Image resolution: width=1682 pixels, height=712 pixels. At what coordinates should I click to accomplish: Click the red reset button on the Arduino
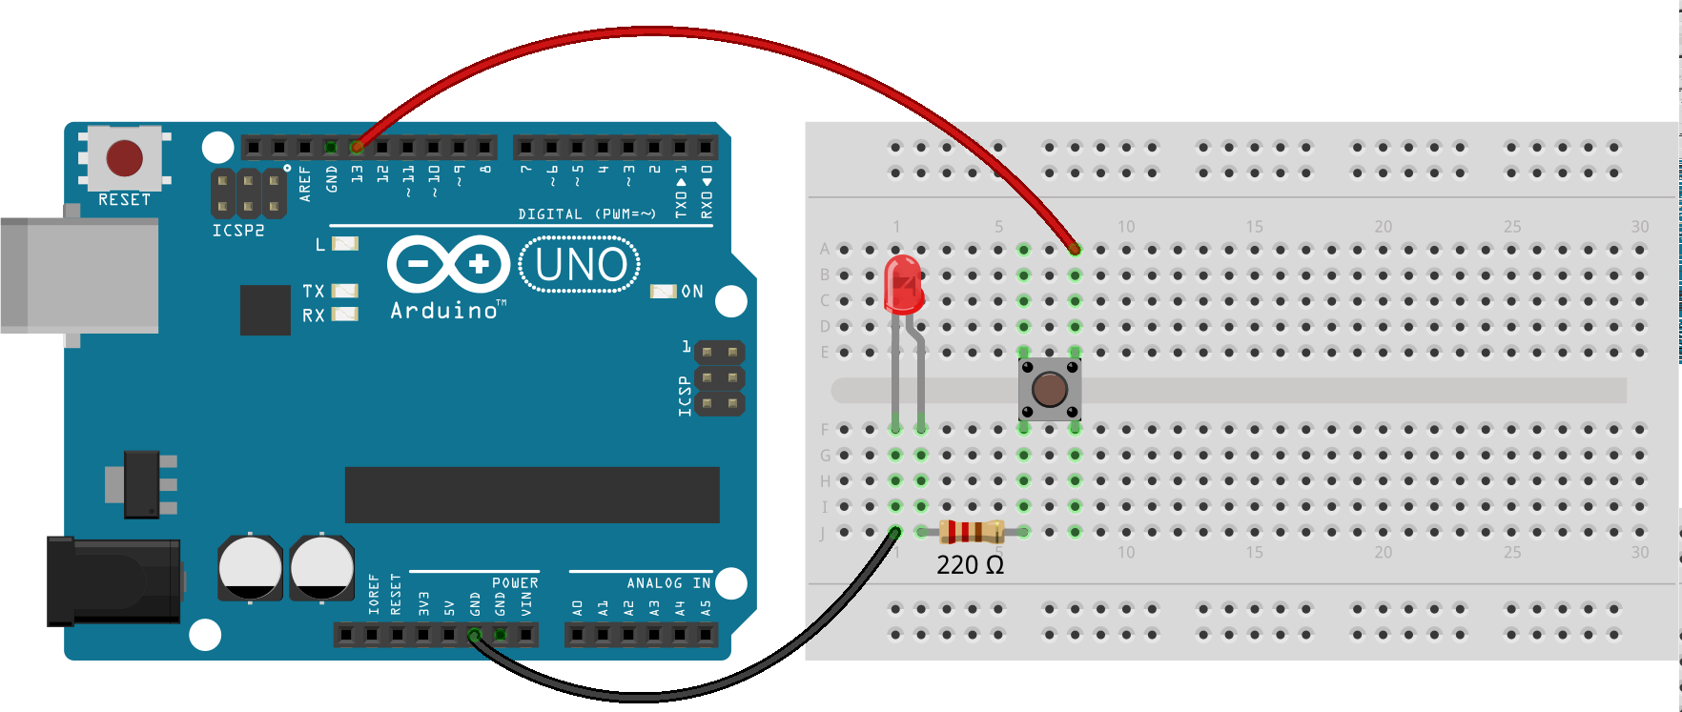click(x=125, y=158)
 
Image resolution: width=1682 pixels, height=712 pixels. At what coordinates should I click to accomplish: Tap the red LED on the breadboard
click(x=902, y=284)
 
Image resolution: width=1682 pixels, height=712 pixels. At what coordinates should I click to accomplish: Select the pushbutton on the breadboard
click(x=1049, y=389)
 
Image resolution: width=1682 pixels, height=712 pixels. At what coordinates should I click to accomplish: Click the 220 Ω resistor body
click(x=971, y=532)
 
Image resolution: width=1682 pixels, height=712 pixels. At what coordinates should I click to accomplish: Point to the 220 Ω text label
click(x=970, y=565)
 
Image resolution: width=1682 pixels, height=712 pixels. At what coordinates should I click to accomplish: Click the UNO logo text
click(x=580, y=265)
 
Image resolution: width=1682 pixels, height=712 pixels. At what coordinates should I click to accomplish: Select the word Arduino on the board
click(x=444, y=311)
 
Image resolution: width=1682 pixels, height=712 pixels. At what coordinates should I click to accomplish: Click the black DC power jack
click(x=114, y=581)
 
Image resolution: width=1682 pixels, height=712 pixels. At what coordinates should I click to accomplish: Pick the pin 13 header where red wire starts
click(x=357, y=148)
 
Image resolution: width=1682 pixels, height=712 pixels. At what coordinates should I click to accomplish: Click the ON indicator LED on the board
click(x=663, y=291)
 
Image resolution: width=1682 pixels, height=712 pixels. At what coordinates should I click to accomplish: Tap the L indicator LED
click(x=344, y=244)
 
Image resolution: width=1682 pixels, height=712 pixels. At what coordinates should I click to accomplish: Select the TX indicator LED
click(x=344, y=291)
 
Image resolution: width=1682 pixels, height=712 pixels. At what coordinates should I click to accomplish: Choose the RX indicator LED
click(x=344, y=315)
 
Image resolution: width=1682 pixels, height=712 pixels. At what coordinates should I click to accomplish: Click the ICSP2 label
click(x=238, y=231)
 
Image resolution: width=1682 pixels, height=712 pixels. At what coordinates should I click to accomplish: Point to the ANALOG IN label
click(x=667, y=582)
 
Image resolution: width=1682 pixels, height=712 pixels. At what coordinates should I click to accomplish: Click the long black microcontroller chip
click(x=532, y=495)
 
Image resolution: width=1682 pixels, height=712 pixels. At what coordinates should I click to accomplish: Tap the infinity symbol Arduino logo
click(x=448, y=263)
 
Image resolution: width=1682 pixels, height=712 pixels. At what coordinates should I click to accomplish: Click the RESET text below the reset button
click(x=125, y=199)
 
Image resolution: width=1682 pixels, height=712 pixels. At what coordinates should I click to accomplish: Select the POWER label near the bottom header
click(x=515, y=582)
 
